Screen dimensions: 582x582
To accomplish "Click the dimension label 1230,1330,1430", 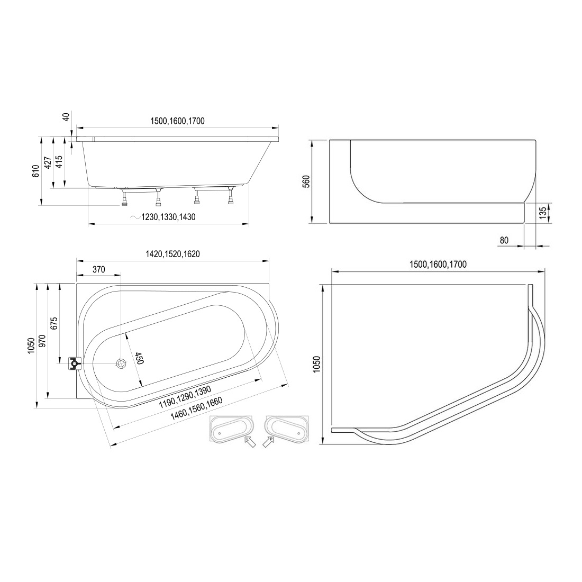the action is point(168,217).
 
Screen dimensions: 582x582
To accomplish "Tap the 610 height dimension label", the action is point(35,171).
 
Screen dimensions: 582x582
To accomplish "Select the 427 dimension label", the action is point(48,162).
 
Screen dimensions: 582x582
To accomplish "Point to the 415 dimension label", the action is point(59,162).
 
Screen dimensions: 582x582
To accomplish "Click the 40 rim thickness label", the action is point(66,117).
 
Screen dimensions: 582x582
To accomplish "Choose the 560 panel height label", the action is point(306,181).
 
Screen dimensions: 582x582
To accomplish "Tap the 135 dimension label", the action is point(542,213).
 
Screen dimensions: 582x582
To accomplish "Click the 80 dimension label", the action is point(504,241).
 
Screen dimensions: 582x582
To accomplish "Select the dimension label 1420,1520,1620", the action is point(172,254).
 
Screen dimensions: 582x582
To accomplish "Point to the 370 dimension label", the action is point(99,269).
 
